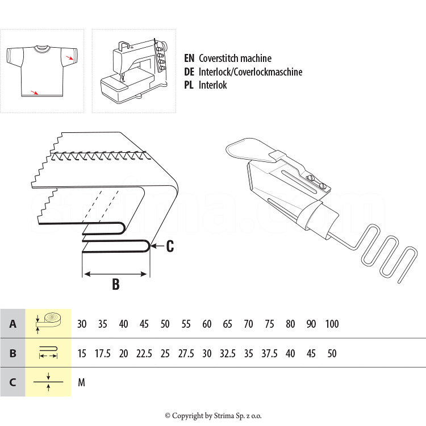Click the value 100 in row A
pyautogui.click(x=332, y=324)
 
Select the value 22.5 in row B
pyautogui.click(x=144, y=353)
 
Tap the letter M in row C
pyautogui.click(x=81, y=383)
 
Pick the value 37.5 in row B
pyautogui.click(x=269, y=353)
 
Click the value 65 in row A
pyautogui.click(x=228, y=324)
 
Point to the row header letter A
pyautogui.click(x=12, y=324)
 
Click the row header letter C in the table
pyautogui.click(x=12, y=382)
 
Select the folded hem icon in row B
pyautogui.click(x=48, y=353)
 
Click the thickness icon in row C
pyautogui.click(x=48, y=382)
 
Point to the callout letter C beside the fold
pyautogui.click(x=169, y=247)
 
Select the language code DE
pyautogui.click(x=190, y=72)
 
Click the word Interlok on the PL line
pyautogui.click(x=213, y=85)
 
